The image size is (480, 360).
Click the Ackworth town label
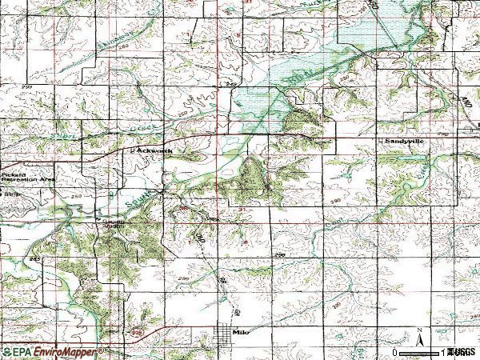pos(149,149)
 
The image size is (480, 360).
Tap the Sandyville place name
pos(403,141)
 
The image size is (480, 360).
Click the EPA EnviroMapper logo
pos(52,351)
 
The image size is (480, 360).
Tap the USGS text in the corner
pos(462,352)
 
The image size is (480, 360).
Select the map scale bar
pos(420,351)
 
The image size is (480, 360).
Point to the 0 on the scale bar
pos(394,352)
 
